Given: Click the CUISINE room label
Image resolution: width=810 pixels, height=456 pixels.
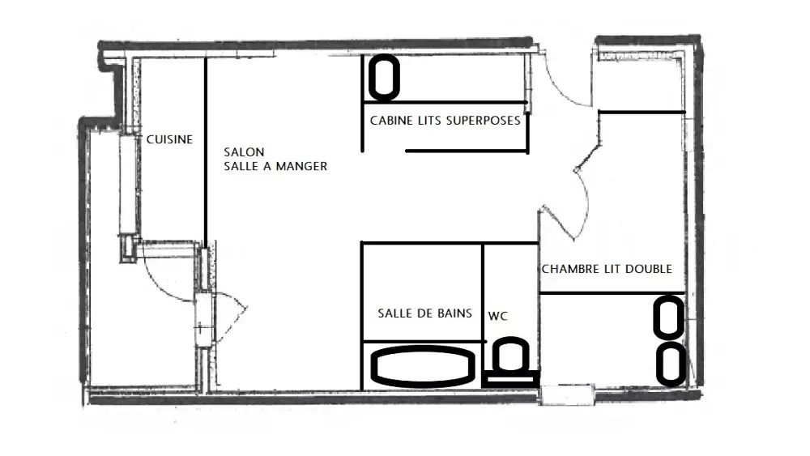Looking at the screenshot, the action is pos(169,139).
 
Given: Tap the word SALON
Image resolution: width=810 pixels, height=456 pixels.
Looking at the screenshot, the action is pos(244,151).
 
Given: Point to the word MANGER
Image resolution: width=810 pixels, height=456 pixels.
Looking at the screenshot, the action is pos(301,166).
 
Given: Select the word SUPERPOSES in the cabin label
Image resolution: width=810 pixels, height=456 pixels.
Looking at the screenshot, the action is pos(483,121).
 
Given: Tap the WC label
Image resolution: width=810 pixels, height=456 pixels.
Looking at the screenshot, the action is pos(497,316).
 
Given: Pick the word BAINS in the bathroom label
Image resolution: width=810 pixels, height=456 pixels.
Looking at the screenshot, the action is pos(455,313).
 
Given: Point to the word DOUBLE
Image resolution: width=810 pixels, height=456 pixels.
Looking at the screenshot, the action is pos(649,269).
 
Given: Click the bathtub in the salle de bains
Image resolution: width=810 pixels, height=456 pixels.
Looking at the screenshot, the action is pos(423,366).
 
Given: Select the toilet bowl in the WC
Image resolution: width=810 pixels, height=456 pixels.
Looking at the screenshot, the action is pos(510,354).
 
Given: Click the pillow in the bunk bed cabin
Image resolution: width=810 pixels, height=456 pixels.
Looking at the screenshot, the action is pos(384,78).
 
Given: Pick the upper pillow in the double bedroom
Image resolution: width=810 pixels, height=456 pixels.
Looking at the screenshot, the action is pos(669,317).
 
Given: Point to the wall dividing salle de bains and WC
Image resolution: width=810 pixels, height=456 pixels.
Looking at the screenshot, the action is pos(483,292).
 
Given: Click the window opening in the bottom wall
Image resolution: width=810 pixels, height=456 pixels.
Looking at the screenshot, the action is pos(567,394).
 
